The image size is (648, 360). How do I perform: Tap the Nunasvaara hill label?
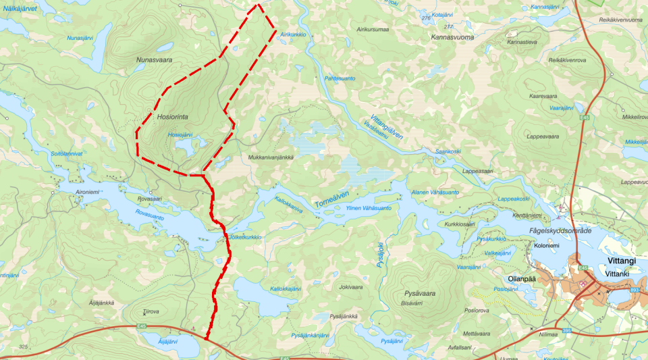(x=155, y=60)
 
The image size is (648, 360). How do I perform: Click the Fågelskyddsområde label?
(x=562, y=231)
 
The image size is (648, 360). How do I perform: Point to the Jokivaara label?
(x=351, y=287)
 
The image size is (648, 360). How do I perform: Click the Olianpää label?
(x=521, y=278)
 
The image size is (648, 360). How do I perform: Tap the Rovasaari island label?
(x=150, y=199)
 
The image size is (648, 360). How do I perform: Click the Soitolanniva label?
(x=66, y=154)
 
